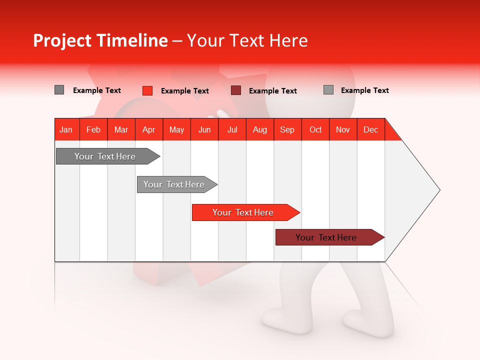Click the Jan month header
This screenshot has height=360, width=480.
[66, 129]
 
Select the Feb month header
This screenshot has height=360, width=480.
[93, 129]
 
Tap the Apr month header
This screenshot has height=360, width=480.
[148, 129]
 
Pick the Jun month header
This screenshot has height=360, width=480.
[204, 129]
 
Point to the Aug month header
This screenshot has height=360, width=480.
[260, 129]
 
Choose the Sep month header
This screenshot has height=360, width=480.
[287, 129]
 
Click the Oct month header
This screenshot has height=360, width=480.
[315, 129]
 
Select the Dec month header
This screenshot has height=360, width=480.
[370, 129]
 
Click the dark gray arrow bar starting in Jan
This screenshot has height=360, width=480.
[105, 156]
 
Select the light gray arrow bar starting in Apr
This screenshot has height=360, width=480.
[174, 184]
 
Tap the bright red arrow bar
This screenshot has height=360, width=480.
[243, 212]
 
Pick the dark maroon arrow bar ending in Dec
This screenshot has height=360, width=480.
[326, 237]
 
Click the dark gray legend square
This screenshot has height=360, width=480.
[59, 90]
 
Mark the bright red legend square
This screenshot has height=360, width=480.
[147, 90]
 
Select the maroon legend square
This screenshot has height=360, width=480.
[236, 90]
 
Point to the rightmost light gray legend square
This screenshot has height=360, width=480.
[328, 90]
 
